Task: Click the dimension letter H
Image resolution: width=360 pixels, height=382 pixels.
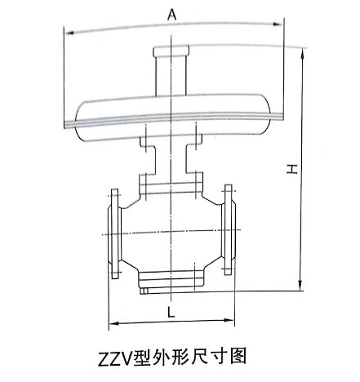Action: point(292,169)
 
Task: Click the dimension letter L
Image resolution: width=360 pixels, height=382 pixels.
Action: point(171,312)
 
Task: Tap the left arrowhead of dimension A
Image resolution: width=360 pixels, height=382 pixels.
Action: point(69,33)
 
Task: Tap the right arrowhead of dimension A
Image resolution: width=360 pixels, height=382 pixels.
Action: point(278,24)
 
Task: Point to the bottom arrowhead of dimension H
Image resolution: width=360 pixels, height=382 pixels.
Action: point(300,286)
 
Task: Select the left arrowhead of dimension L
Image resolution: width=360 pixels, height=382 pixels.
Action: point(113,323)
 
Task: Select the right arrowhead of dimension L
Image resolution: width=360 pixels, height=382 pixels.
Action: point(229,320)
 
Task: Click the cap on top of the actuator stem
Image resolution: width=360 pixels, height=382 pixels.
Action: point(171,51)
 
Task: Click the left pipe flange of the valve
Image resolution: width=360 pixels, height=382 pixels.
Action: point(114,233)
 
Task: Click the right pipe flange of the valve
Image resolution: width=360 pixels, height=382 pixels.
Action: point(228,230)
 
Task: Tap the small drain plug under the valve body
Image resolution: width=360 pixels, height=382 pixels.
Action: point(144,291)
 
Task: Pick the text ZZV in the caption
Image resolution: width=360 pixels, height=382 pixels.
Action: point(115,359)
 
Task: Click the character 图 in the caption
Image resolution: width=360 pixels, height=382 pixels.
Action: point(238,355)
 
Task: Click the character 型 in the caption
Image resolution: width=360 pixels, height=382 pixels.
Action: point(141,358)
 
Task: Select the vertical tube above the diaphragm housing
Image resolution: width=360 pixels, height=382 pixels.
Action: point(171,76)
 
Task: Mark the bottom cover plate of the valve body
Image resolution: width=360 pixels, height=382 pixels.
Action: point(171,279)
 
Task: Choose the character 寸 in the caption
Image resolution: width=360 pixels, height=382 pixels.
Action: point(214,356)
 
